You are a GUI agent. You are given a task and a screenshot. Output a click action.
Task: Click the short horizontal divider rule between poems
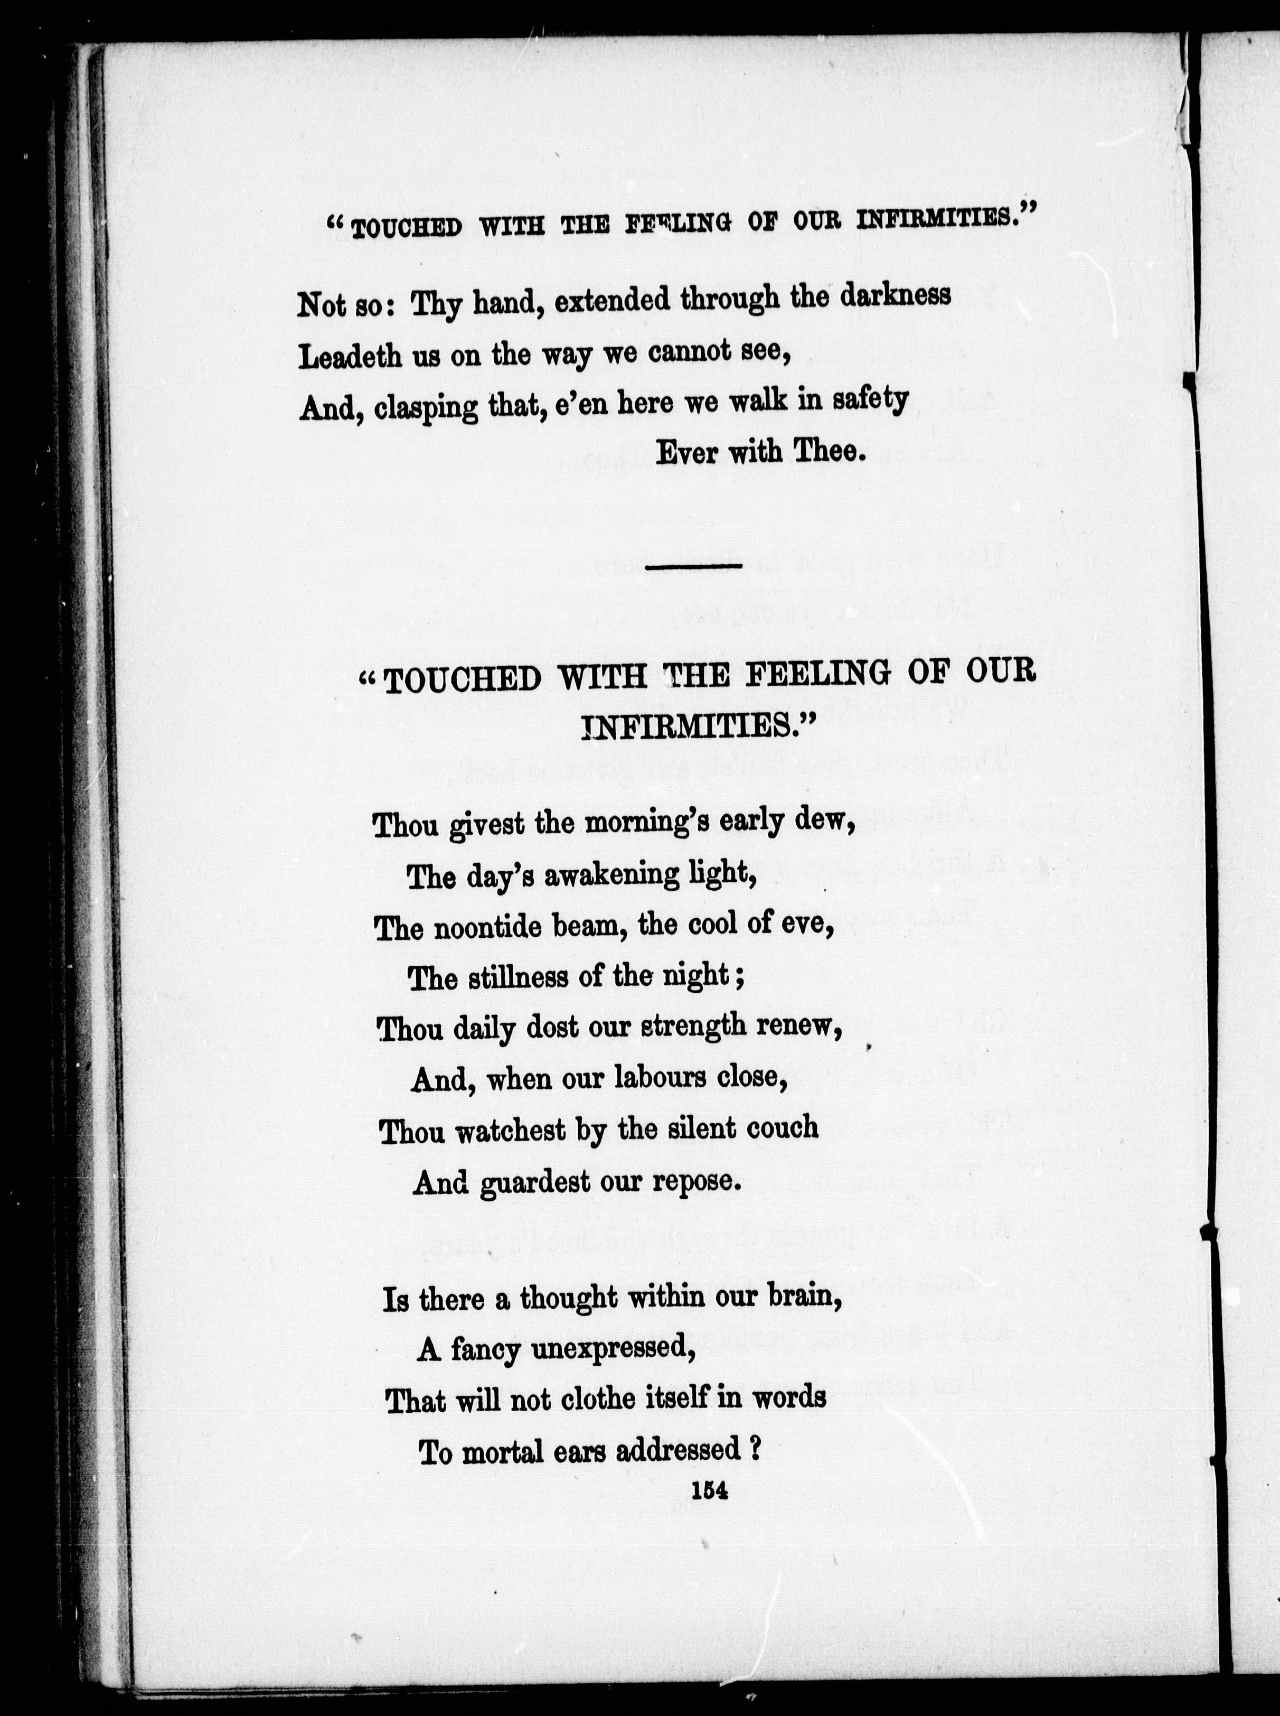click(693, 567)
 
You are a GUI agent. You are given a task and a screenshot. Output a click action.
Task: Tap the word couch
click(783, 1129)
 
